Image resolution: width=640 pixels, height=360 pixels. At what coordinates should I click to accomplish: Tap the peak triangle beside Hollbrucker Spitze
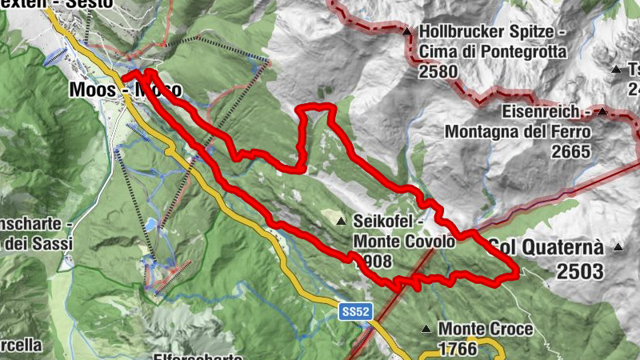[x=407, y=32]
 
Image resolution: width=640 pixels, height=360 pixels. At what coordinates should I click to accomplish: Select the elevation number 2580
[x=438, y=71]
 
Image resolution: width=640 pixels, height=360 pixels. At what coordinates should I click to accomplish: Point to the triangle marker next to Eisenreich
[x=602, y=111]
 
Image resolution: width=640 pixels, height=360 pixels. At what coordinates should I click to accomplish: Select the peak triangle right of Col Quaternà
[x=618, y=247]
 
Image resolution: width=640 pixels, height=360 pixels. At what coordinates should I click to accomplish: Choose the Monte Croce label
[x=486, y=329]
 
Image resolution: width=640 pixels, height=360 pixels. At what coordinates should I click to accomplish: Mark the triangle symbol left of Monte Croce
[x=427, y=329]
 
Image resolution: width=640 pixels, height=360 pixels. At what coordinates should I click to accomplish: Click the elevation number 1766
[x=457, y=349]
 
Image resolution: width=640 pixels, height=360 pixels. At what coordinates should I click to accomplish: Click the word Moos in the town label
[x=90, y=88]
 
